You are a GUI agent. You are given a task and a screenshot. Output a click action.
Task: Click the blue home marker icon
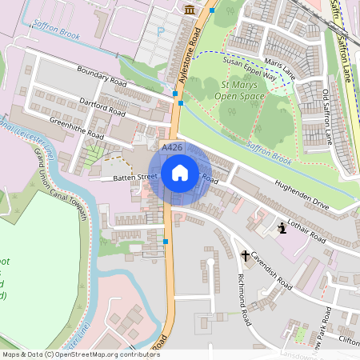(x=180, y=172)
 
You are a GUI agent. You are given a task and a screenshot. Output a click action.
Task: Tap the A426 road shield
(x=171, y=149)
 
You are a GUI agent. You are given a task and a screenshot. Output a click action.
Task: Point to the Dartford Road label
(x=103, y=108)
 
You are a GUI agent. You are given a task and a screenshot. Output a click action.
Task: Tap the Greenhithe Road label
(x=76, y=129)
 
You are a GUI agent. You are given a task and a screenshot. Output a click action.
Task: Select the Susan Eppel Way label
(x=249, y=70)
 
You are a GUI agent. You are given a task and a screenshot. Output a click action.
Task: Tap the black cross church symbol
(x=246, y=256)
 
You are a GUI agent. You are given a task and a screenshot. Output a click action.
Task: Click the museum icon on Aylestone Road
(x=189, y=9)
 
